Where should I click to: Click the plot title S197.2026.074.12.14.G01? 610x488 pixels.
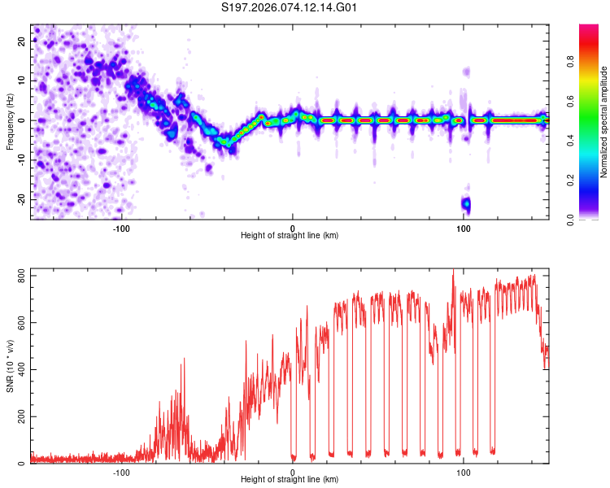coord(290,7)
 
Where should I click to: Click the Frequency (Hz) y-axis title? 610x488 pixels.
coord(9,121)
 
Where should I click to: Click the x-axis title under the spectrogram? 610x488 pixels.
coord(290,235)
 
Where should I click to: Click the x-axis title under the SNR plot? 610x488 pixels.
coord(290,479)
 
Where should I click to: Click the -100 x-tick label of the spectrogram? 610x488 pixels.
coord(121,227)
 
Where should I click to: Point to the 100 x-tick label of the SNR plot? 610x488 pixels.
coord(464,472)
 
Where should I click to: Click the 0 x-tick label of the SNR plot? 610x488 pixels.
coord(293,472)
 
